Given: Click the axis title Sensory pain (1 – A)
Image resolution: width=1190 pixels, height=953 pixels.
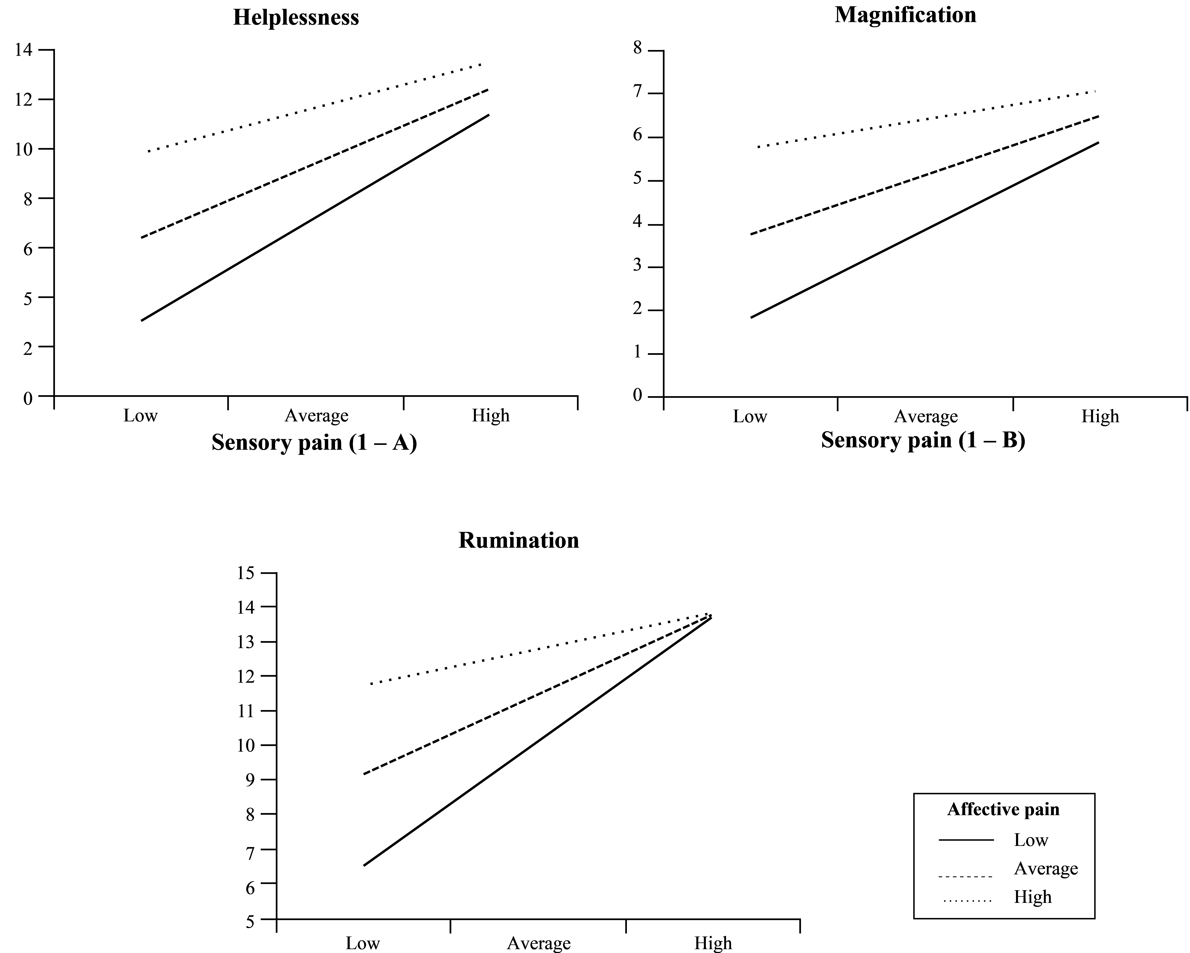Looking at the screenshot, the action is point(314,443).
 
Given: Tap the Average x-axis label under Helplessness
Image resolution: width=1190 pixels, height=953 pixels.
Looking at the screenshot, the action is point(316,415).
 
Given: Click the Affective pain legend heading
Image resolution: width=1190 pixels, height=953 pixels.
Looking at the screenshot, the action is point(1003,809).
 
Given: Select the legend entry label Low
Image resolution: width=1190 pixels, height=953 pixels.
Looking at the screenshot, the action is point(1031,840).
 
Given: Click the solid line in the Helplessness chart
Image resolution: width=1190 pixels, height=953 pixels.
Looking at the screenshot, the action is point(315,218).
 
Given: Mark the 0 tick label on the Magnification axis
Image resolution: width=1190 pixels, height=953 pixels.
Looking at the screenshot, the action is point(638,395).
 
